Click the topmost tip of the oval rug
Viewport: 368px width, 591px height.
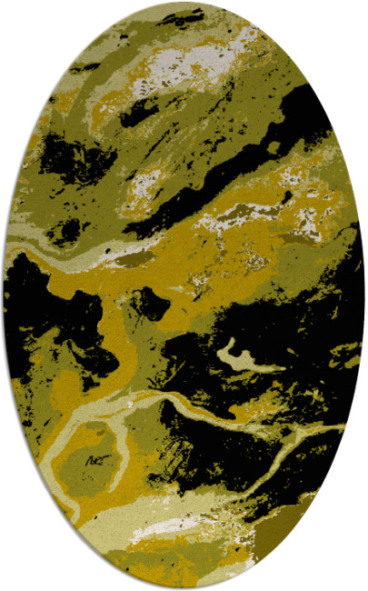pos(184,3)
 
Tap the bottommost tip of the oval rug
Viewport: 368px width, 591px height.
pos(184,588)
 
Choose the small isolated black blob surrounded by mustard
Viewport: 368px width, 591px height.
pos(150,305)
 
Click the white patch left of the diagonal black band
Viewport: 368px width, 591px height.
pos(145,182)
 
